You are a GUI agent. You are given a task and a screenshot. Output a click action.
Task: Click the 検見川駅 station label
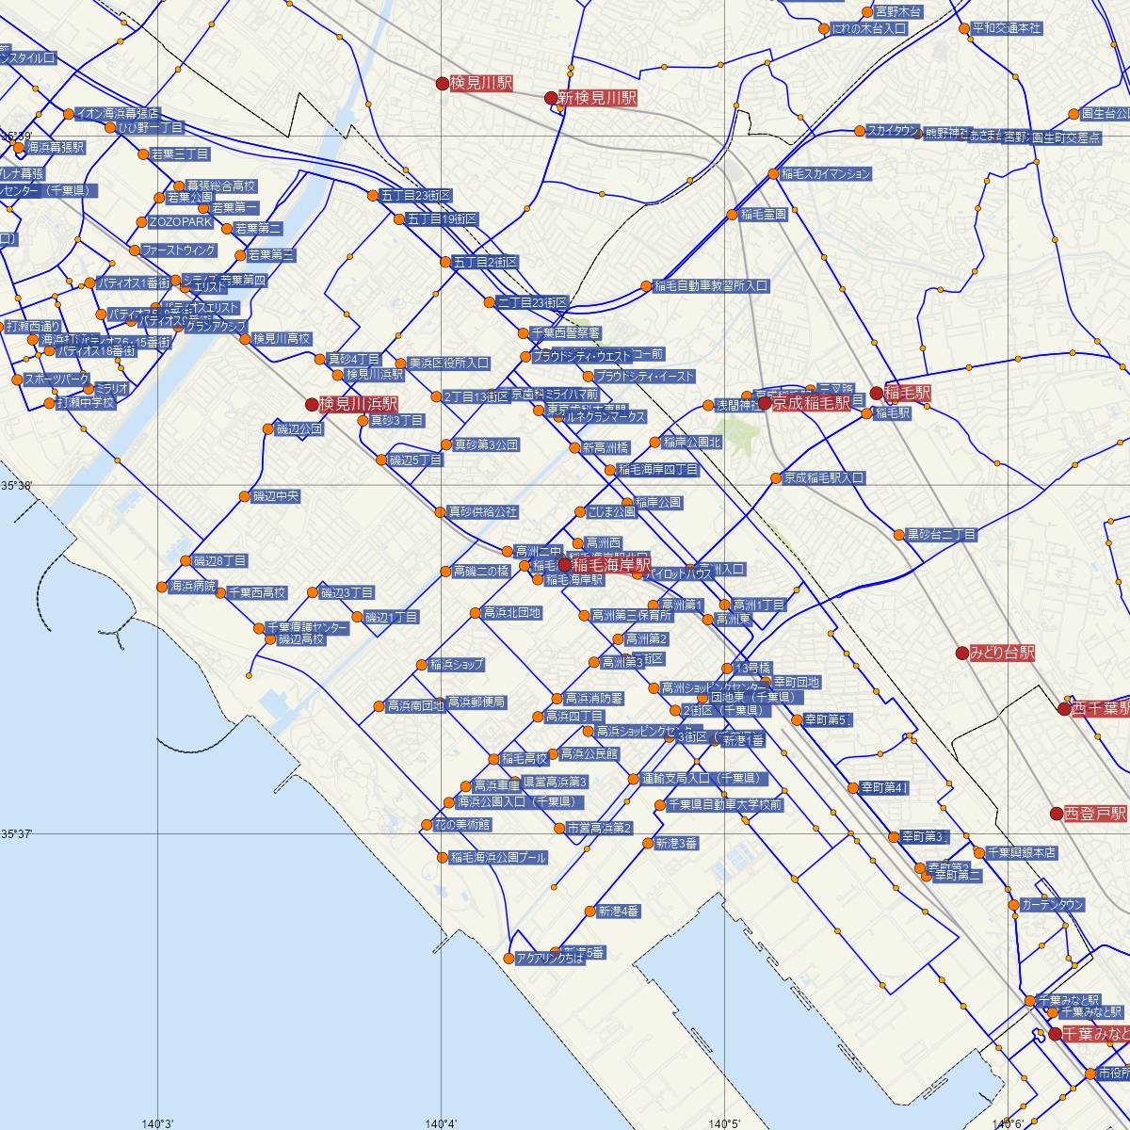[x=480, y=83]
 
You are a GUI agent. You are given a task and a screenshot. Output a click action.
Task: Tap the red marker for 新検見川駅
[x=551, y=97]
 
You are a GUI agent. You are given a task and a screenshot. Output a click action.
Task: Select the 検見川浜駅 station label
[x=358, y=404]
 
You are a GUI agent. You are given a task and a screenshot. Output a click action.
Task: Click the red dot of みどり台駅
[x=961, y=653]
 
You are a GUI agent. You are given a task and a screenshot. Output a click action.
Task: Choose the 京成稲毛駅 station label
[x=811, y=403]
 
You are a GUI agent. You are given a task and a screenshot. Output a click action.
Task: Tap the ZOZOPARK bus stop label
[x=182, y=222]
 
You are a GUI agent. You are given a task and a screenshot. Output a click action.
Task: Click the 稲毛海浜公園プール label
[x=497, y=858]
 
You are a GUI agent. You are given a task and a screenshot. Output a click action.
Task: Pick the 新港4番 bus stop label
[x=618, y=911]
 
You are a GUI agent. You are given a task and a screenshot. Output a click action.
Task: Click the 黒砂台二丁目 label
[x=941, y=535]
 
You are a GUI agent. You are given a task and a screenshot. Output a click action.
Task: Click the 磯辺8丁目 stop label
[x=219, y=560]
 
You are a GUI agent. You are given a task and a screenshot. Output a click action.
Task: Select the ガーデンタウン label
[x=1053, y=905]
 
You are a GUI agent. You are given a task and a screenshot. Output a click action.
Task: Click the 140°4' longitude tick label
[x=442, y=1122]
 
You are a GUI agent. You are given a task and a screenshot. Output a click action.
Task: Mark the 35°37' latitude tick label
[x=16, y=833]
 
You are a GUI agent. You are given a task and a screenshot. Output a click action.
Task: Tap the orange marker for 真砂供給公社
[x=440, y=512]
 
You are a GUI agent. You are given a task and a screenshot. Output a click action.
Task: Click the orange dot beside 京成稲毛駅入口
[x=776, y=478]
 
